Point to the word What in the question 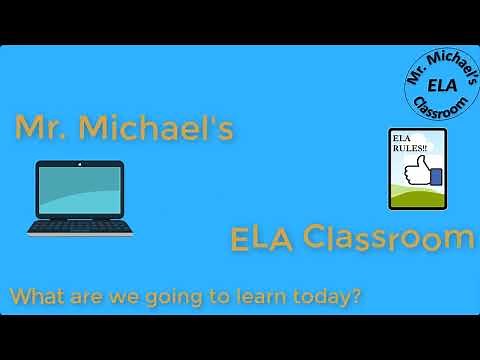pos(36,297)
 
